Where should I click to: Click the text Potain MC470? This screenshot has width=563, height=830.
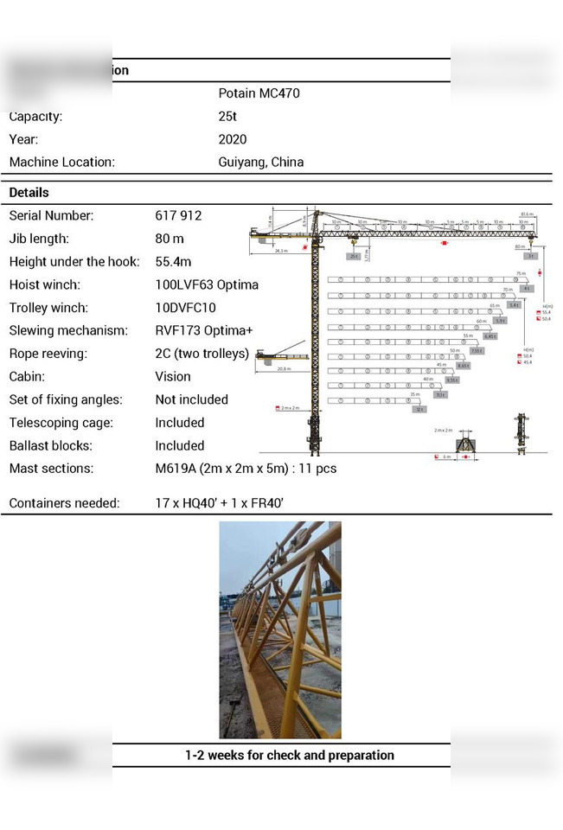[259, 93]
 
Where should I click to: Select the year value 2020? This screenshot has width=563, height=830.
[233, 139]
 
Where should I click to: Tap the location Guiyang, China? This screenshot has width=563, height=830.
[260, 162]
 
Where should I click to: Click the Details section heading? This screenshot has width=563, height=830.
[29, 192]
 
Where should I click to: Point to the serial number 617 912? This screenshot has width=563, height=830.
[178, 215]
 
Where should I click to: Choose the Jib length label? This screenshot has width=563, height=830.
[39, 239]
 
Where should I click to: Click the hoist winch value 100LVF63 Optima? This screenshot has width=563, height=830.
[207, 284]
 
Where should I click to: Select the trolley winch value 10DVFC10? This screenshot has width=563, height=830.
[185, 308]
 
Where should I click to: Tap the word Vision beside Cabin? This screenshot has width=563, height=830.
[173, 376]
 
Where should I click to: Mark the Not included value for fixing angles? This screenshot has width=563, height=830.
[191, 399]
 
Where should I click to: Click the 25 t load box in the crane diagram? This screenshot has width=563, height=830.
[354, 257]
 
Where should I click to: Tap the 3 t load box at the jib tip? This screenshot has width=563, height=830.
[532, 256]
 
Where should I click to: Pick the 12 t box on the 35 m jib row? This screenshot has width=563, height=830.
[419, 409]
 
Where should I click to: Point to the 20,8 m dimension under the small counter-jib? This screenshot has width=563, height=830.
[284, 369]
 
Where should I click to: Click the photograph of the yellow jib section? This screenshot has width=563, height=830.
[279, 629]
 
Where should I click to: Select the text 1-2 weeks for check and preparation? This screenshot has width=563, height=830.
[289, 755]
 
